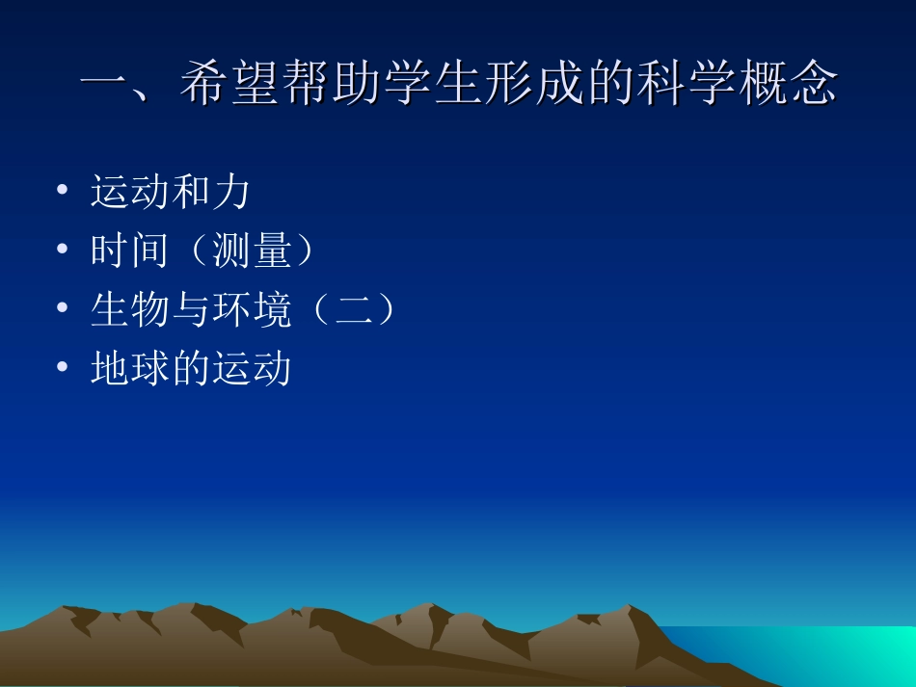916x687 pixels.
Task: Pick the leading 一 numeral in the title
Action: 103,85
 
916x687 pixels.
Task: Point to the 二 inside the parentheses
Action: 351,310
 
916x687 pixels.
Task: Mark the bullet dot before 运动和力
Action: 63,191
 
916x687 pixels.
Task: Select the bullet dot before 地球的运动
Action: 63,367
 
